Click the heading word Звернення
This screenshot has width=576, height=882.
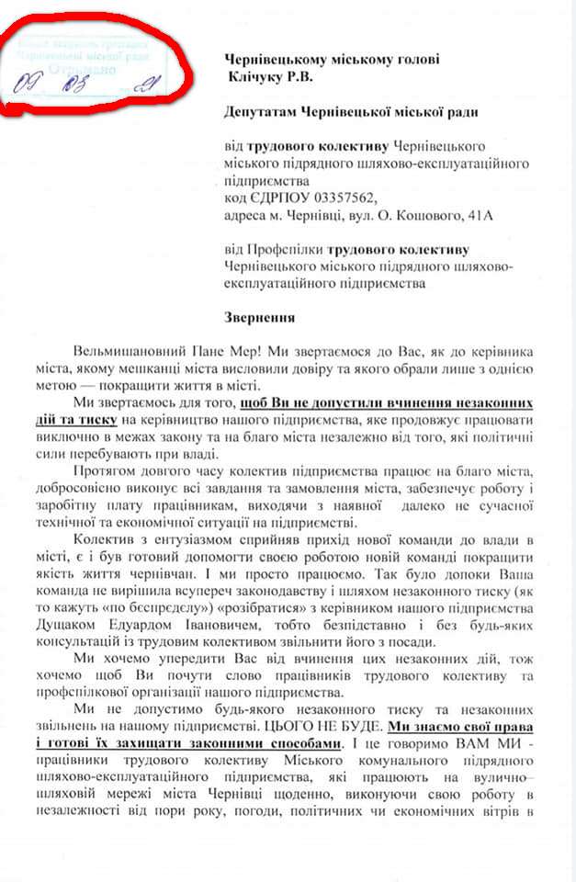260,318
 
